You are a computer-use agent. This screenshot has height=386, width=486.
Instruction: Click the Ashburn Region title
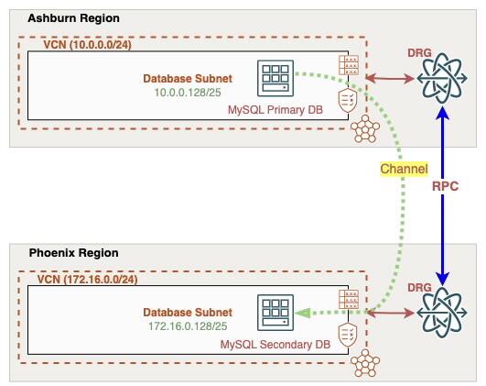pos(73,18)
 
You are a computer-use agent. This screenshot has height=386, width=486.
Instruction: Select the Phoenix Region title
pos(72,252)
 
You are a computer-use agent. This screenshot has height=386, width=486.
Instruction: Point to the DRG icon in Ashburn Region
pos(444,81)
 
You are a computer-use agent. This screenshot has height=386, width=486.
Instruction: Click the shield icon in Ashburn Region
pos(348,102)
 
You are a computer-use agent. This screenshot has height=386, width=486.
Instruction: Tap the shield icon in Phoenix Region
pos(348,336)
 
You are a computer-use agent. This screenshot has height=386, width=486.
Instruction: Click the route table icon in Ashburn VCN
pos(348,66)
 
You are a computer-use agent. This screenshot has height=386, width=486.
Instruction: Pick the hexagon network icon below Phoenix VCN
pos(366,364)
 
